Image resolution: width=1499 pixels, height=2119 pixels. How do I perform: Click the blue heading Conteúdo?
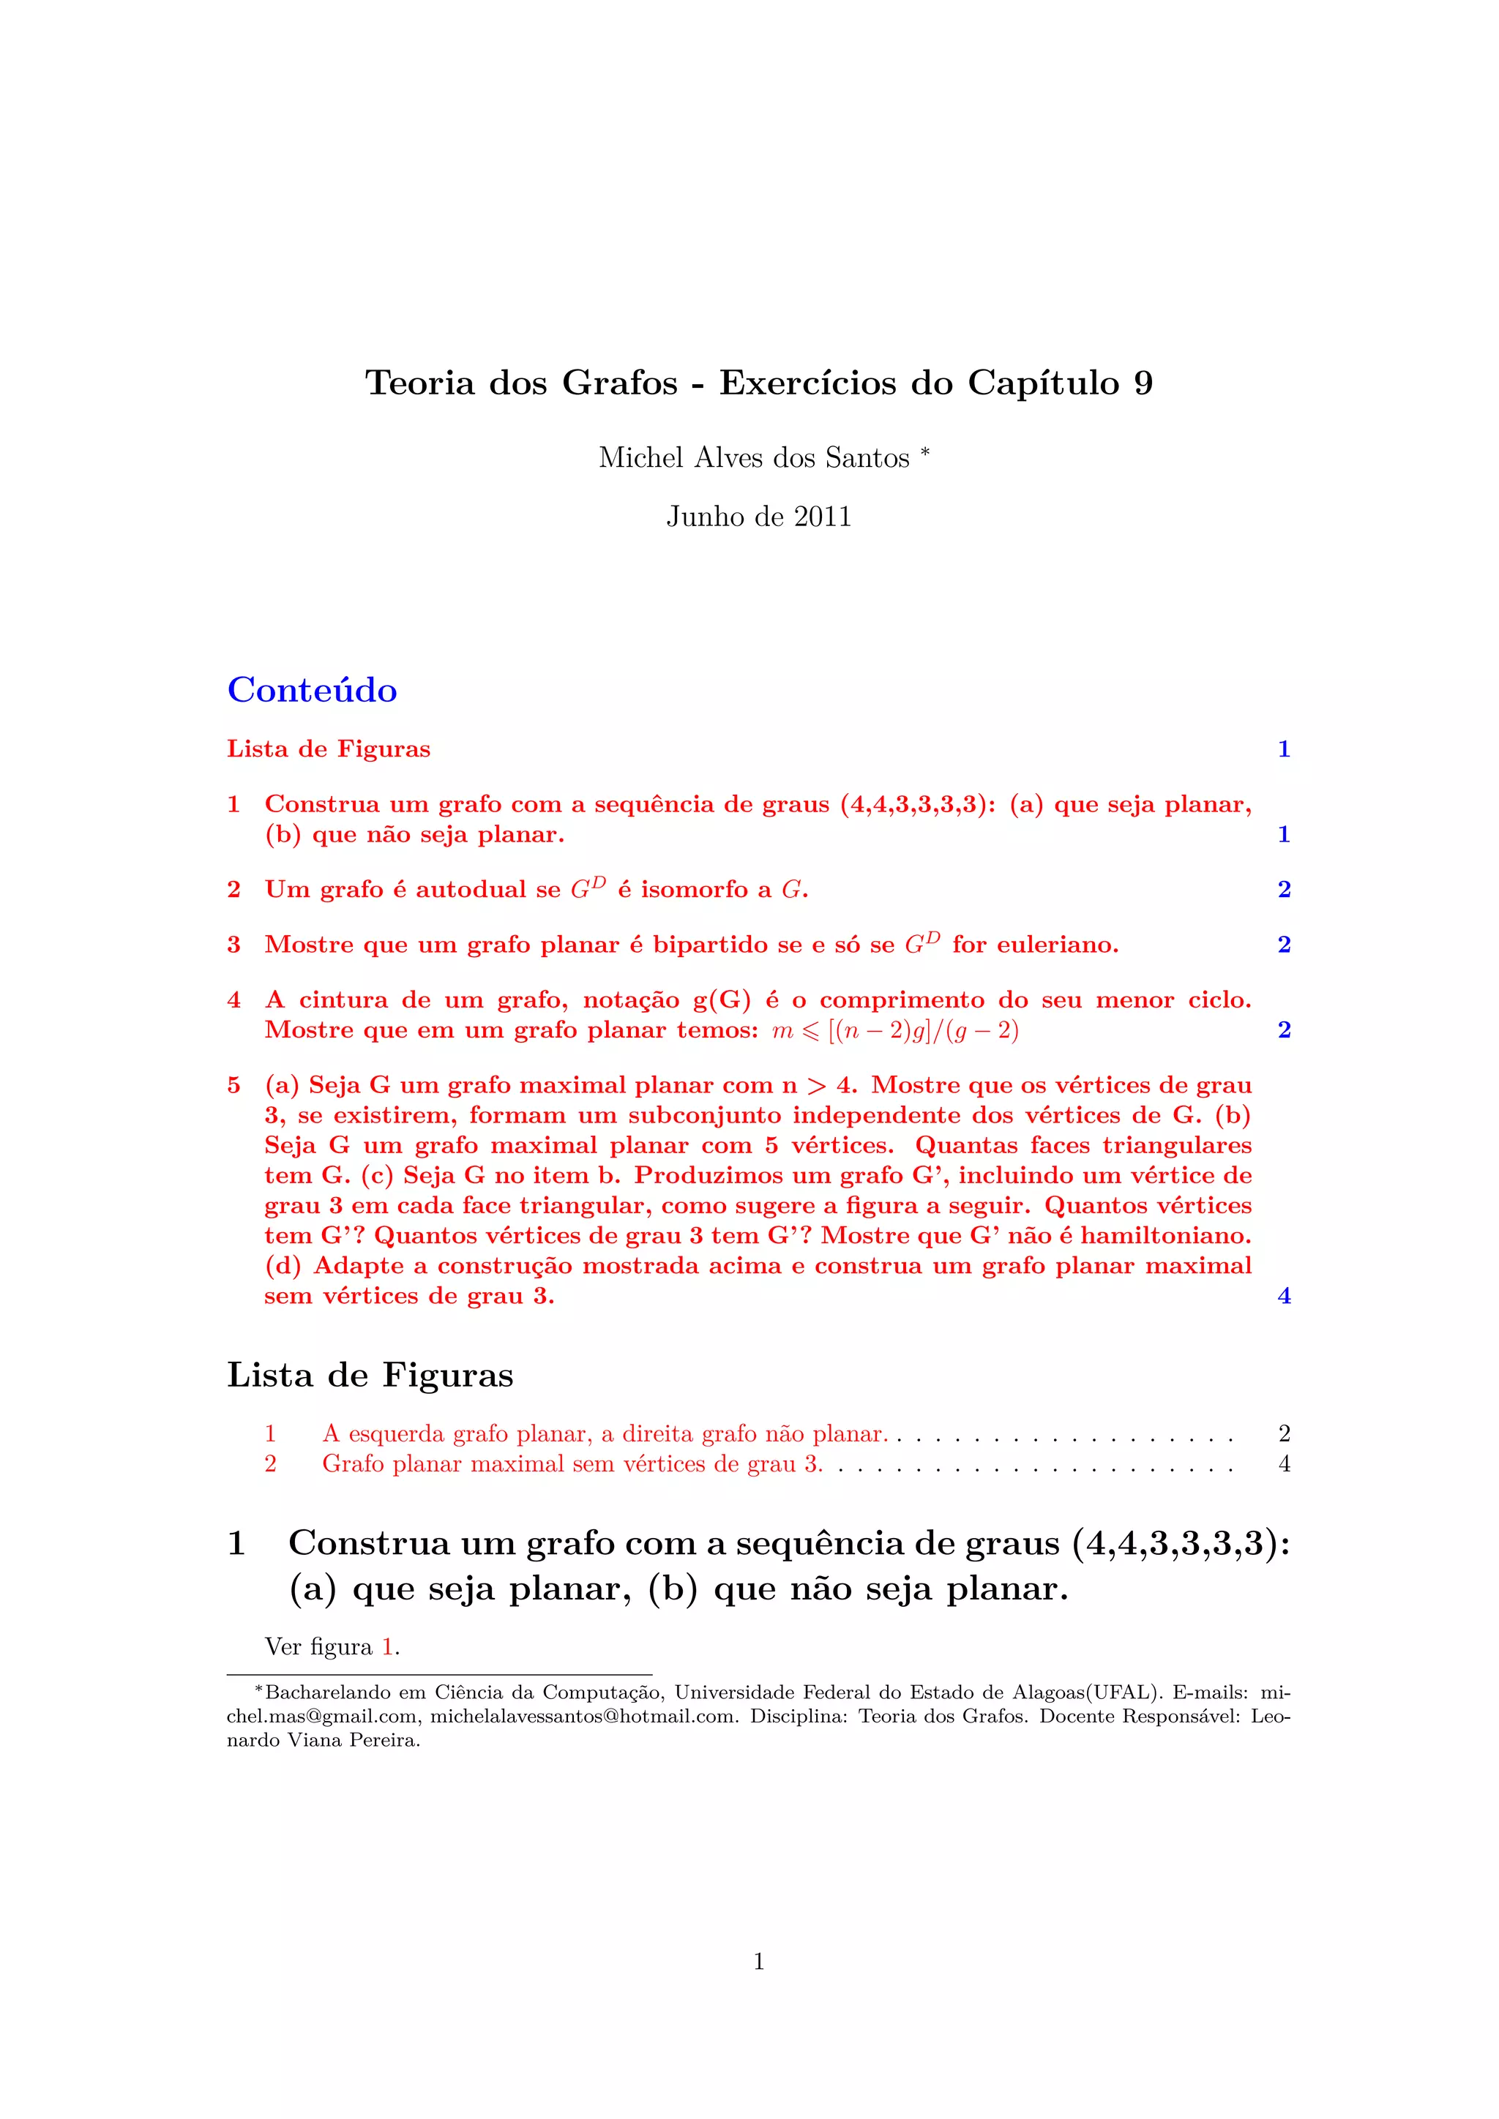(x=312, y=690)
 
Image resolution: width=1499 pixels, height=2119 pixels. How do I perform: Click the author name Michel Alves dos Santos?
(x=753, y=458)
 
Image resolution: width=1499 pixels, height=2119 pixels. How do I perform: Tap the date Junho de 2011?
(x=759, y=516)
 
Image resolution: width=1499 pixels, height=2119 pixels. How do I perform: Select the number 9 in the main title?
(x=1143, y=383)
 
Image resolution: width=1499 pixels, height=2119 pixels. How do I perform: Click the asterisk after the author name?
(x=925, y=451)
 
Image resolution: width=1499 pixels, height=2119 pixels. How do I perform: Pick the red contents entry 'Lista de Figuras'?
(x=329, y=749)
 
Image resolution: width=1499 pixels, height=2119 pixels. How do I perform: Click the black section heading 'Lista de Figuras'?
(x=370, y=1374)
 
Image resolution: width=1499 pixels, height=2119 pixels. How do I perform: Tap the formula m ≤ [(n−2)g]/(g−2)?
(x=895, y=1030)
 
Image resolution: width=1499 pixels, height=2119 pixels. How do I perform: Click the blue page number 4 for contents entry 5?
(x=1284, y=1296)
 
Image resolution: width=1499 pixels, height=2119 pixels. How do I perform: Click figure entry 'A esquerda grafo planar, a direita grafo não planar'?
(x=604, y=1433)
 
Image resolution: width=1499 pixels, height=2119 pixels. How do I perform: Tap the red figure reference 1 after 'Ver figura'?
(x=389, y=1646)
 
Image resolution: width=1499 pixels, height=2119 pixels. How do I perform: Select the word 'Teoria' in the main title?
(x=420, y=383)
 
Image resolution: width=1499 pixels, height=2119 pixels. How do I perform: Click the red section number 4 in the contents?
(x=233, y=1000)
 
